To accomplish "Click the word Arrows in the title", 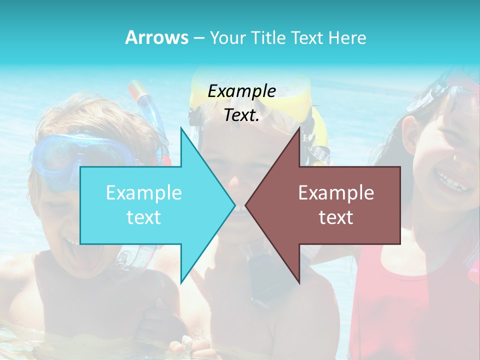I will coord(156,37).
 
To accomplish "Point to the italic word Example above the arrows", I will coord(241,91).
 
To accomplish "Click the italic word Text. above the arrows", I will coord(241,115).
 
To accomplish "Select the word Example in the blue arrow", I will coord(144,192).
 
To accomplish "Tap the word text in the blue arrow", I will coord(144,217).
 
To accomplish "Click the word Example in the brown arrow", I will coord(336,192).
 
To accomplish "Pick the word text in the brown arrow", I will coord(336,217).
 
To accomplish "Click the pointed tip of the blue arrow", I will coord(235,205).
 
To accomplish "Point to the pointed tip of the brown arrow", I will coord(245,205).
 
